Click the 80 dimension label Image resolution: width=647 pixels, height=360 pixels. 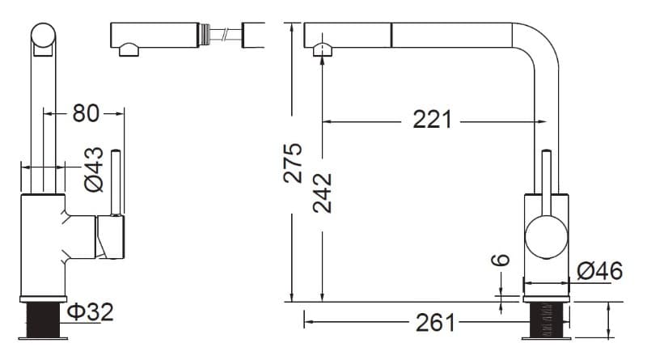86,113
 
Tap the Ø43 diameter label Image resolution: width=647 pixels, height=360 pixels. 94,170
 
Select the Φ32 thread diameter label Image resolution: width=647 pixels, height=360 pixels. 90,311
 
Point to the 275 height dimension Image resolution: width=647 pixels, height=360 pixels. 293,163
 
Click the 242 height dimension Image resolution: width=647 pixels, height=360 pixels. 322,193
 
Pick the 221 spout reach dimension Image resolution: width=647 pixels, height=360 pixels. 433,120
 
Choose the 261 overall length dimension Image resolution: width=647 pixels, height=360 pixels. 435,323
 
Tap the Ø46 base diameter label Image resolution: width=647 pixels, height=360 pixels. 599,271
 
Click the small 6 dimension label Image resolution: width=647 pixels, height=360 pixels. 501,260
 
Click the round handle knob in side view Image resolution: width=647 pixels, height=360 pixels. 547,237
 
